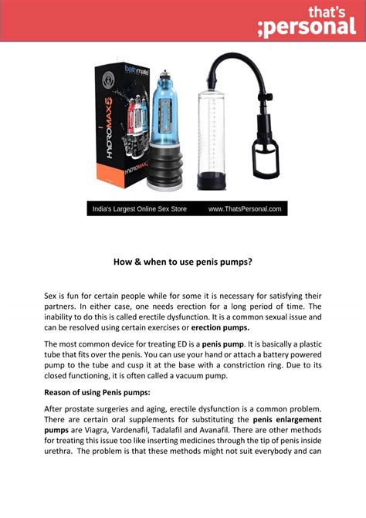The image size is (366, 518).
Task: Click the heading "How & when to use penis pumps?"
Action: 183,262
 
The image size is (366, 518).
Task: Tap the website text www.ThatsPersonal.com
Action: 246,208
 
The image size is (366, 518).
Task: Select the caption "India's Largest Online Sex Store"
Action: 140,208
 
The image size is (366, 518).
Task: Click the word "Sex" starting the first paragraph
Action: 52,296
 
